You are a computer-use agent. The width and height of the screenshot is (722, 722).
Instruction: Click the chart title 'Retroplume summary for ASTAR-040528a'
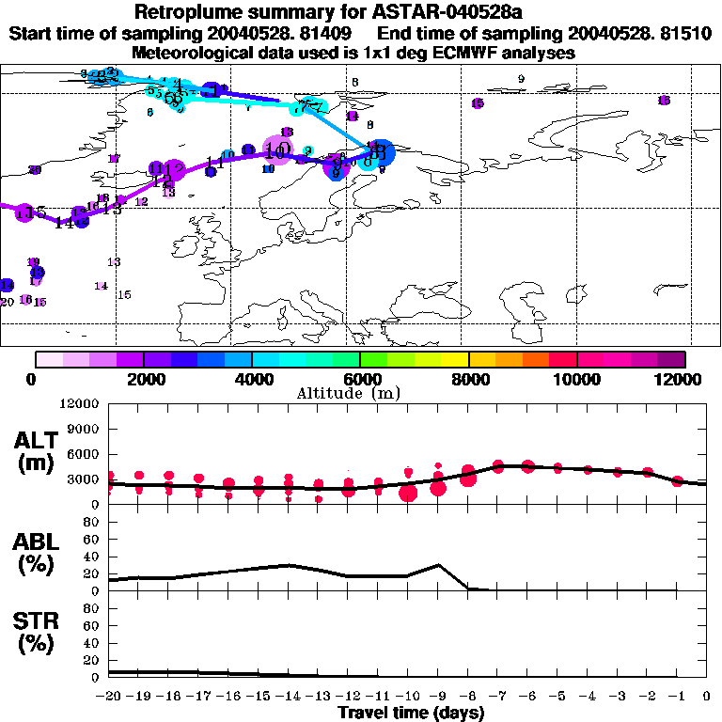click(360, 12)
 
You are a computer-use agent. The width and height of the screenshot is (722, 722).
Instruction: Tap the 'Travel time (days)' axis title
click(411, 713)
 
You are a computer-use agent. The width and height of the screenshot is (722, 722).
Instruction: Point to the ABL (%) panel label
click(39, 552)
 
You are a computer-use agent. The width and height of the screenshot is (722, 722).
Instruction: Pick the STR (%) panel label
click(39, 632)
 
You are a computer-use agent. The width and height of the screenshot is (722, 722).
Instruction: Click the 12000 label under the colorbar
click(680, 379)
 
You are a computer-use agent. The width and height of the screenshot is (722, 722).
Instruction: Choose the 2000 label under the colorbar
click(143, 379)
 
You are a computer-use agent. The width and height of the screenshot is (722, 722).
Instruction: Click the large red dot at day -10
click(408, 493)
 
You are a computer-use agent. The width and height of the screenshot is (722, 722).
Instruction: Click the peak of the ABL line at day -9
click(438, 565)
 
